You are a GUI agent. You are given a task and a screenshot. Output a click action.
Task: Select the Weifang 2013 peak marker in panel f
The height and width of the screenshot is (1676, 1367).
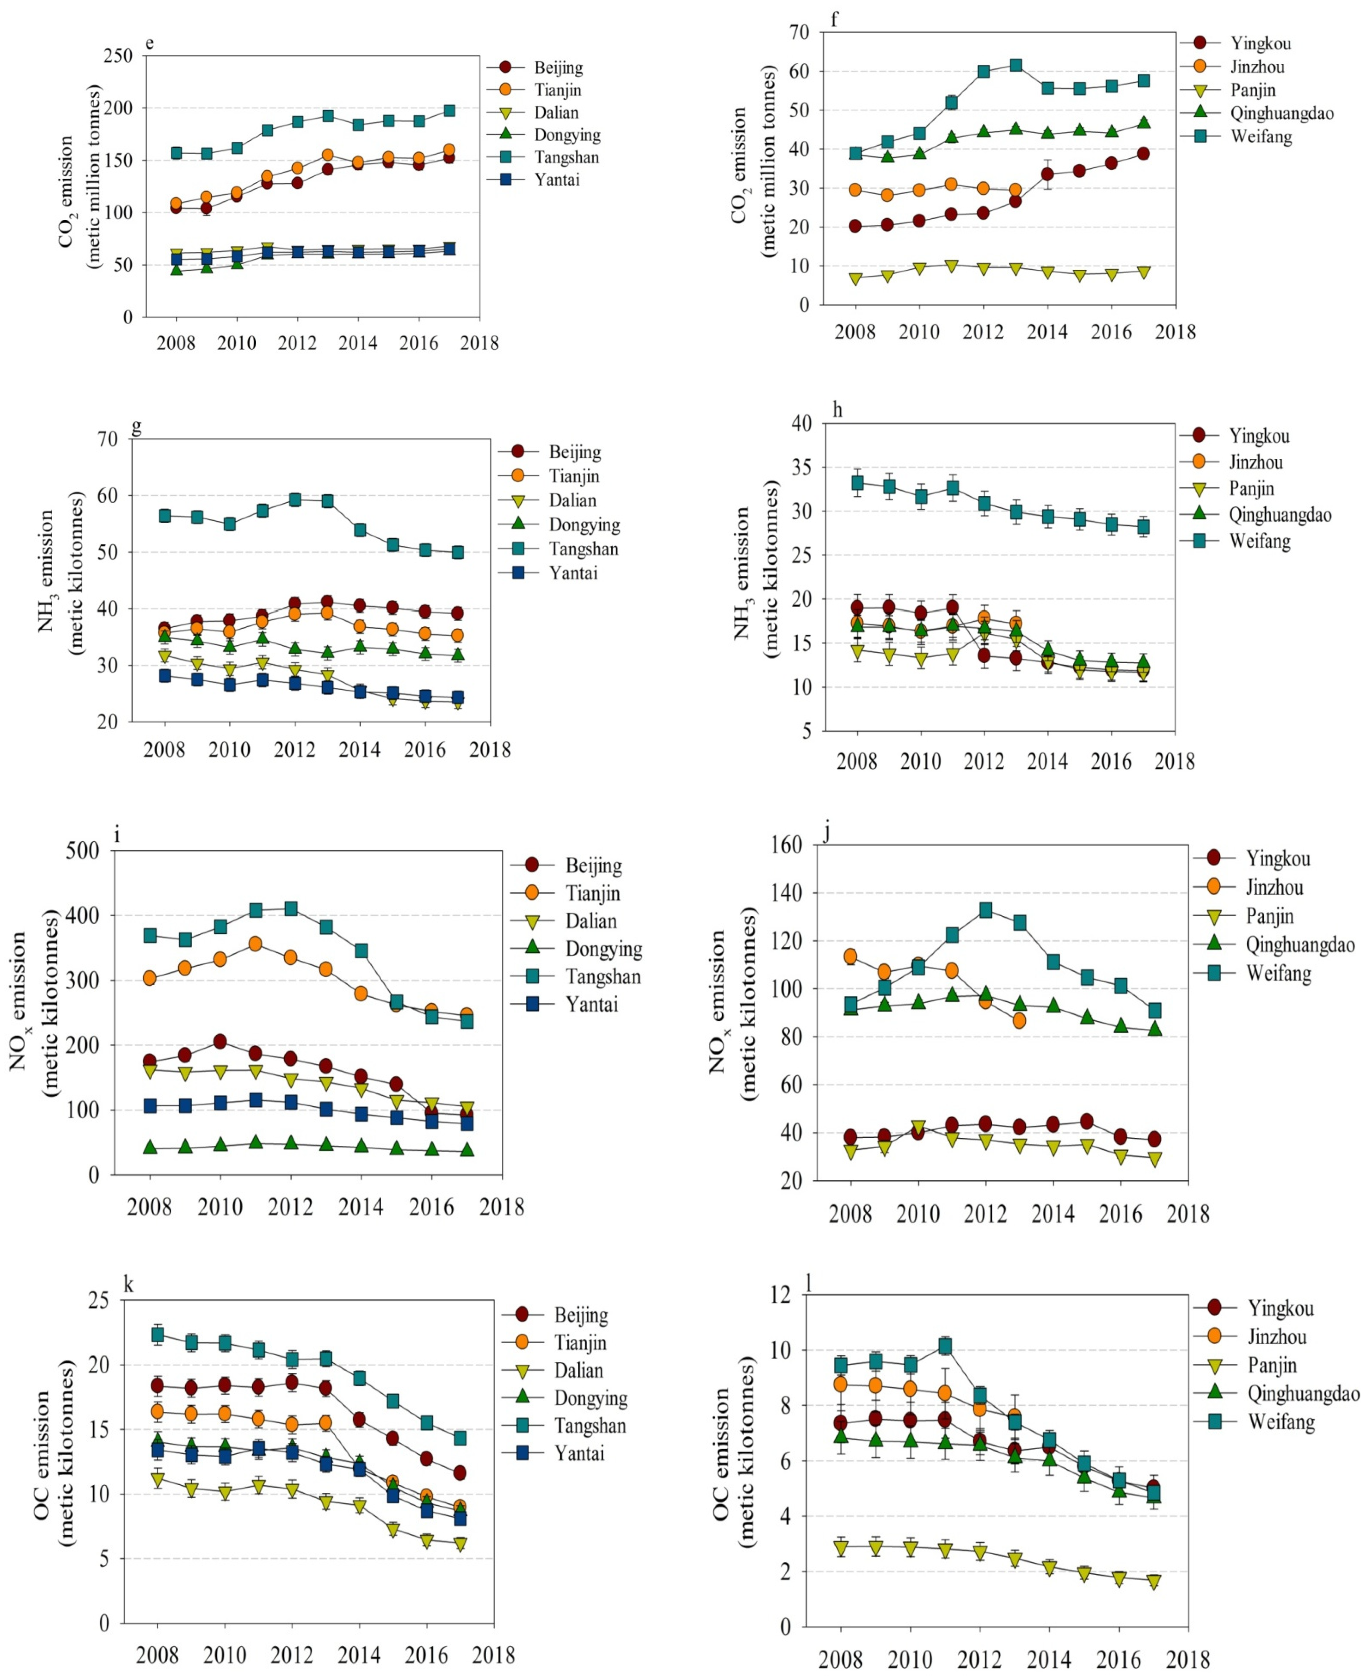[x=1016, y=65]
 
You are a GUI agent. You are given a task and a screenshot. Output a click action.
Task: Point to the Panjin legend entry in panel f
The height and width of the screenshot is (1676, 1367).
[x=1252, y=90]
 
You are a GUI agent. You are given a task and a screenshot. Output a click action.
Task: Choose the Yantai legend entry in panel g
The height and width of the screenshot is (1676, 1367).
[x=572, y=573]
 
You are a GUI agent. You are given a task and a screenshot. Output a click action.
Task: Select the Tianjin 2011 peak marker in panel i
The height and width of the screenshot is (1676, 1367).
[x=255, y=944]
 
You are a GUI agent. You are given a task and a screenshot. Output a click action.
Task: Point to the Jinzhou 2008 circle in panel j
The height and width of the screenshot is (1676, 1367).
[x=850, y=956]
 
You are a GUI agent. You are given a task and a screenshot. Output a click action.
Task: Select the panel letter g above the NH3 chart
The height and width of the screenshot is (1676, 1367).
[x=136, y=426]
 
